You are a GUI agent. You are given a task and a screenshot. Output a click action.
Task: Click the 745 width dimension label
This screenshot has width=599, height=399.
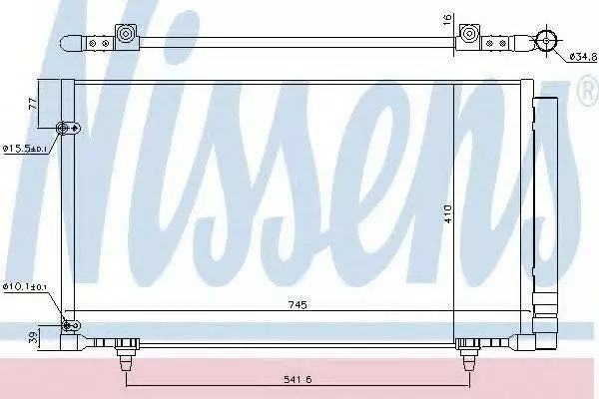298,304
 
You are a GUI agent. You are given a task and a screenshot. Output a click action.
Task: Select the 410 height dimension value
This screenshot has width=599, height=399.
447,213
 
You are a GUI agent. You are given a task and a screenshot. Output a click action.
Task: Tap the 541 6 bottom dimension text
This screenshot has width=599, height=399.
298,379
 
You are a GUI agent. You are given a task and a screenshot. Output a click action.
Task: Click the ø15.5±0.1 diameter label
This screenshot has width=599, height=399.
24,149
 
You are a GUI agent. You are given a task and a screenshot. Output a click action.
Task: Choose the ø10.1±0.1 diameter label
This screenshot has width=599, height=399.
24,286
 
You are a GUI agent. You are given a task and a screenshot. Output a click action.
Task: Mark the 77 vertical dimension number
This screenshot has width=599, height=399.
33,104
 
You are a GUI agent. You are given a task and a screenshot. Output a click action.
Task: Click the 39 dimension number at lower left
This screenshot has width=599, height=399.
34,337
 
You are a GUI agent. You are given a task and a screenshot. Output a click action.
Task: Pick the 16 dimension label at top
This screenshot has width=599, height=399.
447,18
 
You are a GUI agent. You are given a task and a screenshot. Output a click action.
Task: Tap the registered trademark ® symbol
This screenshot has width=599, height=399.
589,91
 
